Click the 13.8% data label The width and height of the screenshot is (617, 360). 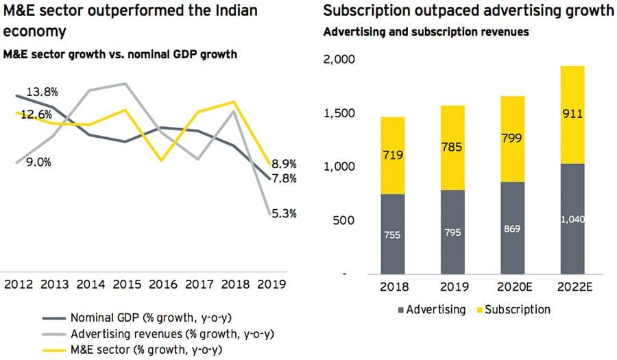click(x=42, y=91)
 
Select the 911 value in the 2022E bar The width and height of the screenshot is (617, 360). click(x=572, y=115)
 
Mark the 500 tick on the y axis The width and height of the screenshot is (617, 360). click(x=344, y=220)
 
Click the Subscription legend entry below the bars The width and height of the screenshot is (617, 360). click(x=516, y=310)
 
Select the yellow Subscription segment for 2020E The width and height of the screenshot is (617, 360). click(x=511, y=139)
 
